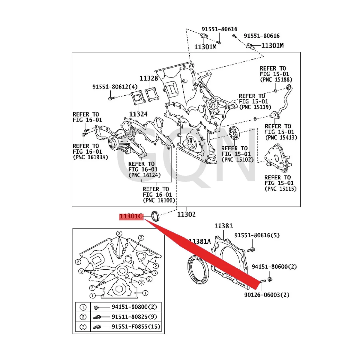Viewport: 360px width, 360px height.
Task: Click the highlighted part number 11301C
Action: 131,216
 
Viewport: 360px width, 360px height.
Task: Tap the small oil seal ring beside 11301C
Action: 155,216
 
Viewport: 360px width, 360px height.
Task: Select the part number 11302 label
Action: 186,214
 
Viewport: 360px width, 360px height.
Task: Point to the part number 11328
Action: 149,78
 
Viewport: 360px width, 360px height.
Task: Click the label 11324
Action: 138,114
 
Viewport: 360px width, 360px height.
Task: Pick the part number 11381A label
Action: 200,241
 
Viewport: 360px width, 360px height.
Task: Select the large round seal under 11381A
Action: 198,269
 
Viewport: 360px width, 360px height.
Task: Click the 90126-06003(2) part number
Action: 267,295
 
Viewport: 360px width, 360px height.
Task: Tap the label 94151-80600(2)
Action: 274,267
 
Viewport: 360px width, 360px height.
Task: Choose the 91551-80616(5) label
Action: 257,235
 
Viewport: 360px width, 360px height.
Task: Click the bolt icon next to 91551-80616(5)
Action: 252,249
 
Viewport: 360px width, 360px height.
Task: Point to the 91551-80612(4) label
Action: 115,87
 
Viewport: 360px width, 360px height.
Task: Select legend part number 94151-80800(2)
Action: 134,307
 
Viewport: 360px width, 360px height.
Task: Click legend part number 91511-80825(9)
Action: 134,317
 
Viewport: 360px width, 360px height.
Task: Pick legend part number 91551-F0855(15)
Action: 136,327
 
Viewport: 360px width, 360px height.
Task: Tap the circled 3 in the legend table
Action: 83,327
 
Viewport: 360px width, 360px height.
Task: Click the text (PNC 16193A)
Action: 90,157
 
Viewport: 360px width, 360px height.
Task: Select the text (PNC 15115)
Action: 280,189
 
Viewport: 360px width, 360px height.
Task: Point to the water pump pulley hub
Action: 113,141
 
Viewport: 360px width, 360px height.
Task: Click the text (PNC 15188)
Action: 276,79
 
